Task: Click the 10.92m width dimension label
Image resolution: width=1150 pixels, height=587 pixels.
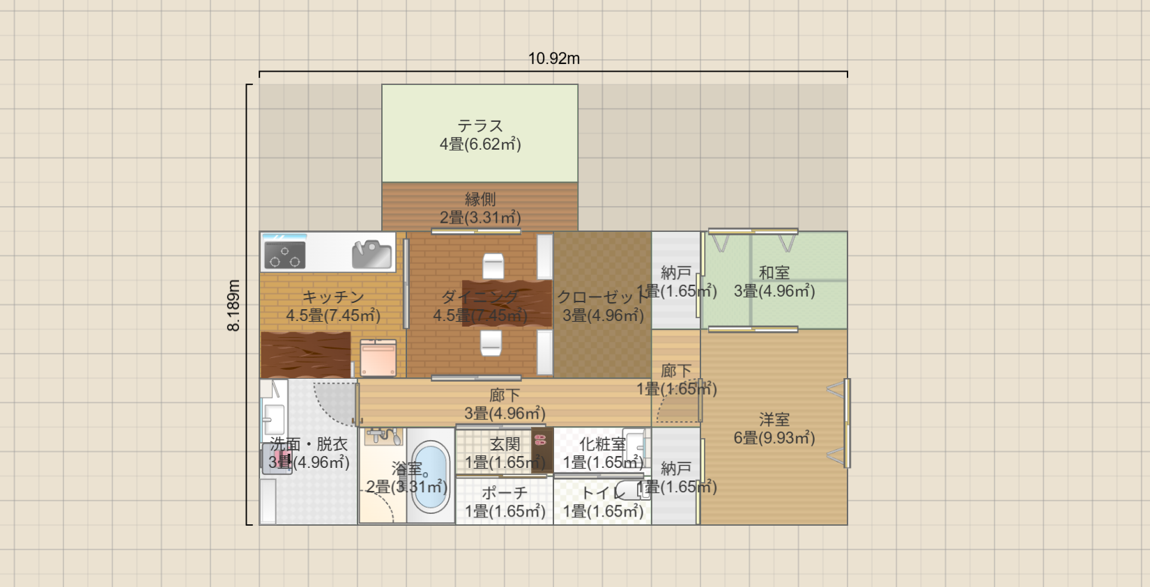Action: pos(553,58)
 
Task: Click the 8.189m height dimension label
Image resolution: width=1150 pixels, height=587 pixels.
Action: pos(233,305)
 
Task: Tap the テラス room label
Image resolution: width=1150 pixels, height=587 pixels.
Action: pos(480,126)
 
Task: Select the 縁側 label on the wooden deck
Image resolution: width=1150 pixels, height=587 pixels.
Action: pos(480,199)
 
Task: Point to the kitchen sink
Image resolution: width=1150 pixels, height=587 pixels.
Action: pos(371,254)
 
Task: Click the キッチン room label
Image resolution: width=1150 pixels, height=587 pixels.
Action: pos(333,297)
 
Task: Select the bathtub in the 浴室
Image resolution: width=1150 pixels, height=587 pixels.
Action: pos(431,476)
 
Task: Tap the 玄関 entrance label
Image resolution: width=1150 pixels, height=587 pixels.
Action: pos(505,444)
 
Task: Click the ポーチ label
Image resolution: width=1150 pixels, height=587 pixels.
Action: pos(505,493)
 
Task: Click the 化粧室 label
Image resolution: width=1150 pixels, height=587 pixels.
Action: pos(602,444)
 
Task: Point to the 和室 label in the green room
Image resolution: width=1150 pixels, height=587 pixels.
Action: pos(774,273)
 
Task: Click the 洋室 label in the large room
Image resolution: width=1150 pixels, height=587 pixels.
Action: pos(774,420)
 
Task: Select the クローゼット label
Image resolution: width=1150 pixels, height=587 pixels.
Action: pos(602,297)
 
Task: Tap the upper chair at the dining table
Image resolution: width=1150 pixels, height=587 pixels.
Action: pos(493,266)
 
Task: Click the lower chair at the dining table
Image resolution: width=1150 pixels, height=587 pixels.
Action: pos(491,342)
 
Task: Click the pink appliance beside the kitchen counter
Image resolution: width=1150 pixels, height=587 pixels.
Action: pos(378,358)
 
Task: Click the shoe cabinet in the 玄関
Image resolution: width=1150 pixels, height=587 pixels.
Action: pos(542,451)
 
